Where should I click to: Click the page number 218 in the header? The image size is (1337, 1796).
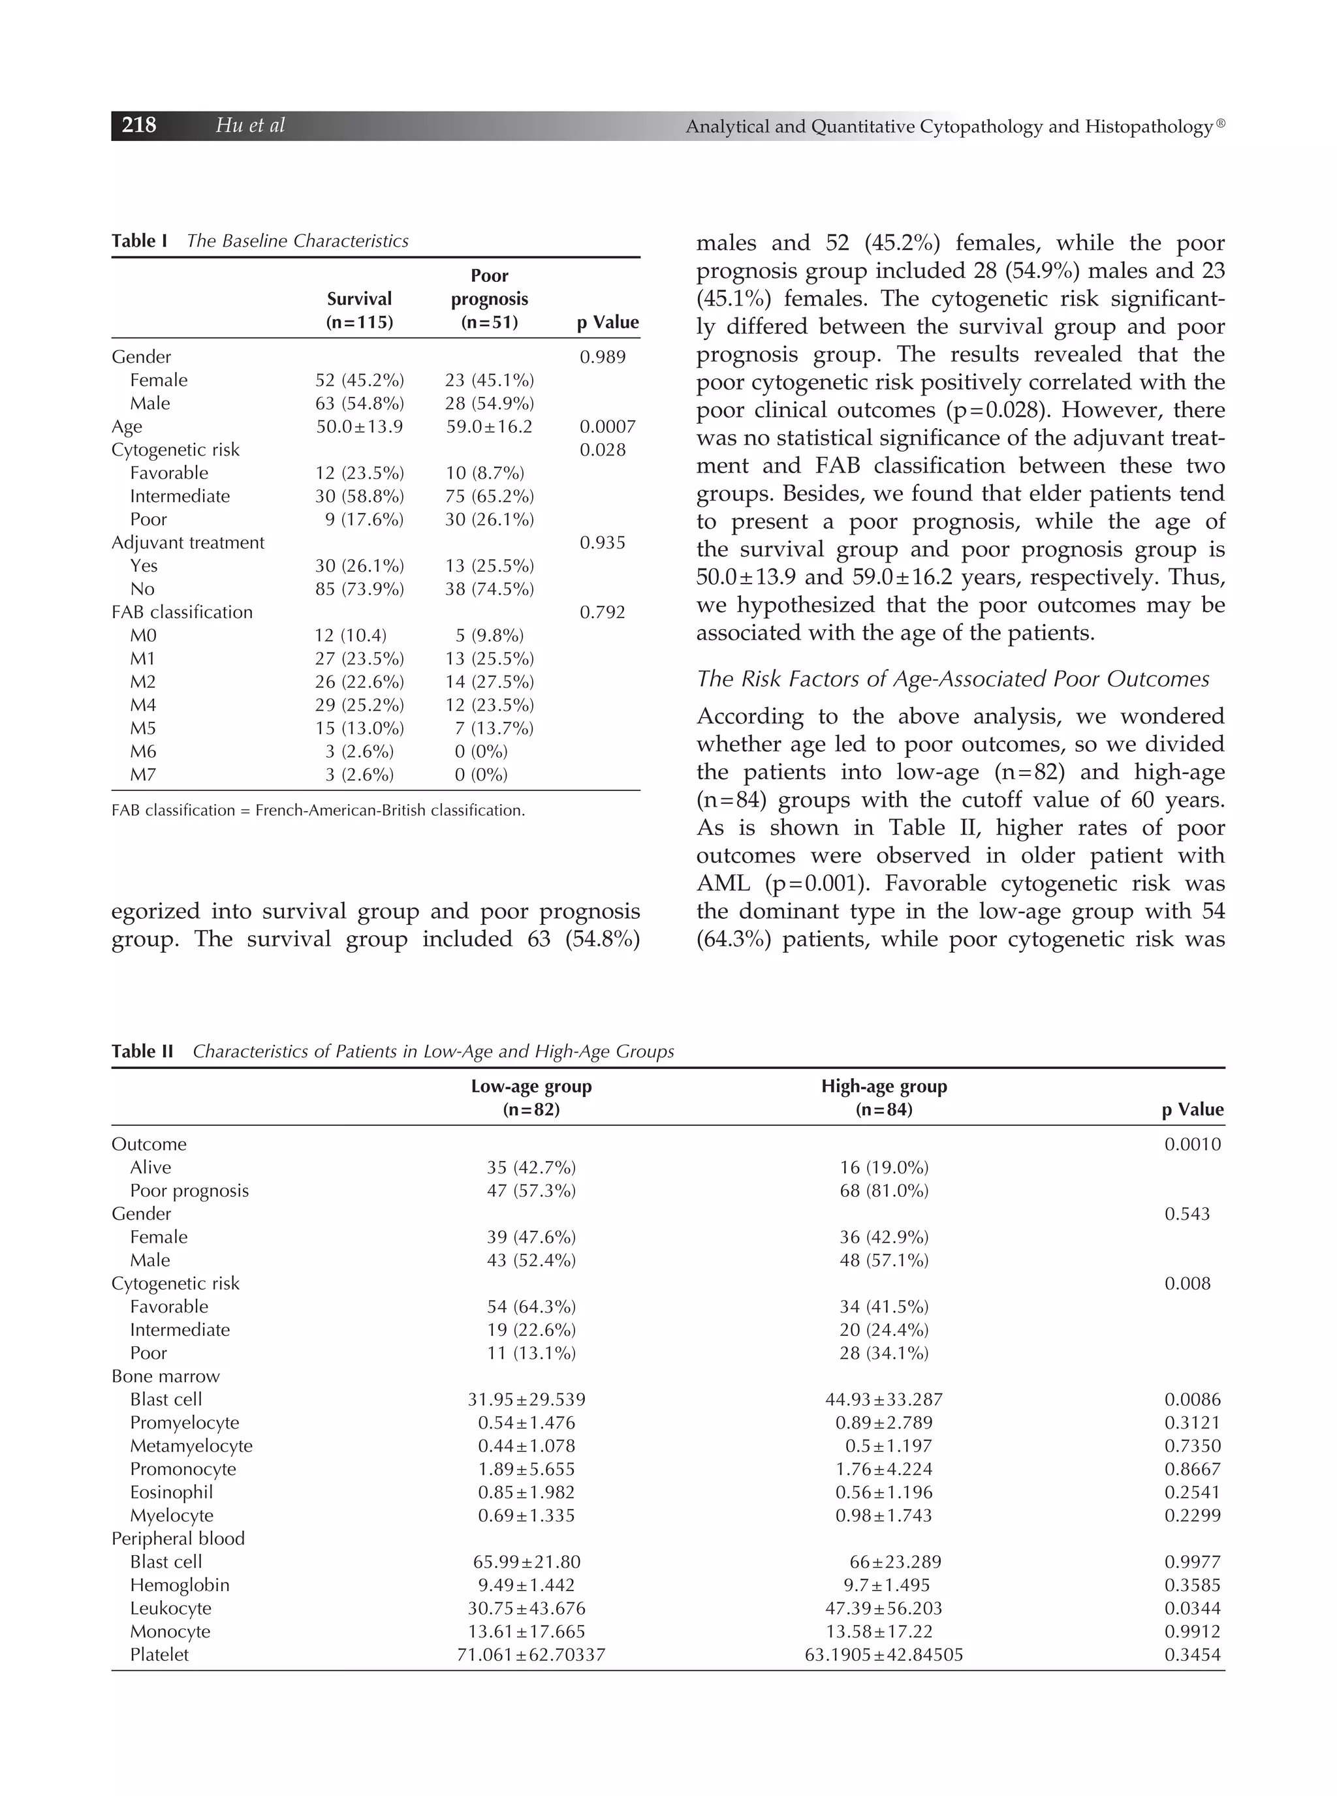[138, 125]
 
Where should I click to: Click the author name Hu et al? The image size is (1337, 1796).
[250, 125]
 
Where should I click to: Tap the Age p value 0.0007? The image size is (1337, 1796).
[607, 426]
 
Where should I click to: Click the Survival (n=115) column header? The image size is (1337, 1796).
[359, 311]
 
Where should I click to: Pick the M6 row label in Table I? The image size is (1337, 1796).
[143, 752]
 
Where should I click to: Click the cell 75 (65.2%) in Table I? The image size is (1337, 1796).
[489, 496]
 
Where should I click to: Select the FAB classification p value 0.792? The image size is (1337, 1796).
[602, 612]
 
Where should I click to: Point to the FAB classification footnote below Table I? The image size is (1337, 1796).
[318, 811]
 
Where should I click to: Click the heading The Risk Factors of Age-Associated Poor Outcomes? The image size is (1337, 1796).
[952, 679]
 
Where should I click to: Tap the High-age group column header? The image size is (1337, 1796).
[884, 1098]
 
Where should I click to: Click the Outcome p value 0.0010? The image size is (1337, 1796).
[1192, 1145]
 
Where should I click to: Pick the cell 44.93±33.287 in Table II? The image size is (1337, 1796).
[884, 1400]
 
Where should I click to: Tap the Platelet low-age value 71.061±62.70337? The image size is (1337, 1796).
[531, 1654]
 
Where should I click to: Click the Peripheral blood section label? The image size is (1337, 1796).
[178, 1539]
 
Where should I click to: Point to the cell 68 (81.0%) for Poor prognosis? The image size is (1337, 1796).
[884, 1191]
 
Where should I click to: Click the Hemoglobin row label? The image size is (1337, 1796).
[180, 1585]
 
